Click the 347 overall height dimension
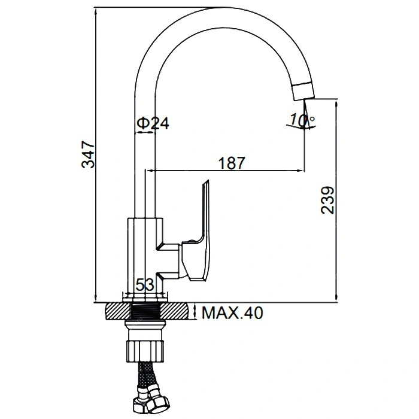tap(88, 154)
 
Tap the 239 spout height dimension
tap(327, 200)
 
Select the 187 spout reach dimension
tap(232, 163)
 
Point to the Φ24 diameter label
tap(153, 123)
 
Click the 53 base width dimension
tap(145, 285)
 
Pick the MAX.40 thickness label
tap(232, 313)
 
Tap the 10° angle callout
tap(302, 120)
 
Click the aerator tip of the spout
tap(303, 92)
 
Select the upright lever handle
tap(199, 231)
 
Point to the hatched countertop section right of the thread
tap(176, 311)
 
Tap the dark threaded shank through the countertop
tap(146, 312)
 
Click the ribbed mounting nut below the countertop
tap(145, 351)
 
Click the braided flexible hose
tap(147, 374)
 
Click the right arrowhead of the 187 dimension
tap(301, 170)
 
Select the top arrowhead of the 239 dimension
tap(336, 103)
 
